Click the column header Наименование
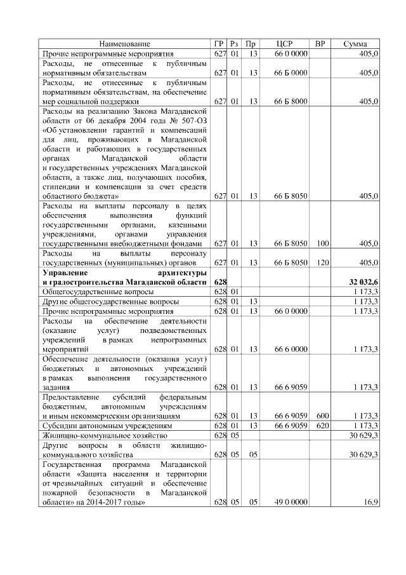126,44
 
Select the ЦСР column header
284,44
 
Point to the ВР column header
321,44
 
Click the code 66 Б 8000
291,101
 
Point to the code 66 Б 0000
291,73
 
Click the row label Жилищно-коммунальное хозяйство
103,435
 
